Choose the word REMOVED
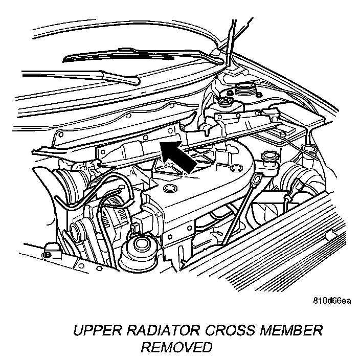click(176, 348)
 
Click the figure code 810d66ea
click(332, 301)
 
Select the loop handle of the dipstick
click(258, 178)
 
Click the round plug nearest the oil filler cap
click(236, 168)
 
